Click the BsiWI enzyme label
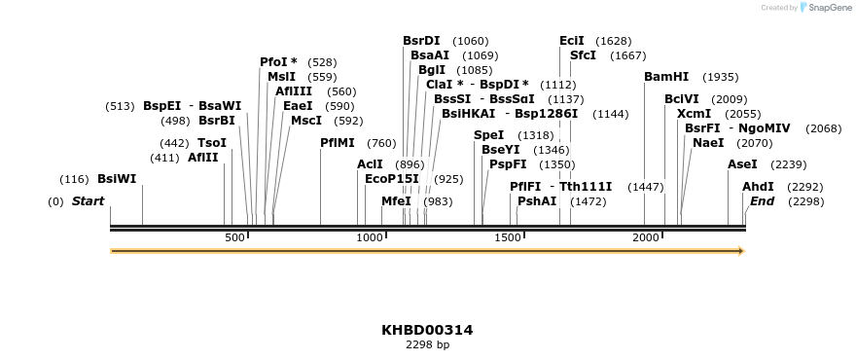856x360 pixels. point(117,179)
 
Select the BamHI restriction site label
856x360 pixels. point(666,77)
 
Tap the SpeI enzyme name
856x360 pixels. point(489,135)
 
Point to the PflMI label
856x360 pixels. point(338,143)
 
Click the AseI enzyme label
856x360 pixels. point(742,164)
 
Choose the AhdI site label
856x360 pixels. point(758,187)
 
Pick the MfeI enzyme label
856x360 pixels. point(396,201)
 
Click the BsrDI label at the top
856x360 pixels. point(421,41)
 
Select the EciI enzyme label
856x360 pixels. point(572,41)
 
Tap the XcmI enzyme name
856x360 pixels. point(694,114)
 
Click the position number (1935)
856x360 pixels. point(721,77)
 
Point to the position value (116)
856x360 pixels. point(74,179)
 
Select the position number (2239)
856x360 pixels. point(789,164)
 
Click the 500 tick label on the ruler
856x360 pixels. point(234,238)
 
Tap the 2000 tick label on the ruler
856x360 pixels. point(646,238)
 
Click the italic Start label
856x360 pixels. point(88,201)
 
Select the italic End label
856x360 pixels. point(762,201)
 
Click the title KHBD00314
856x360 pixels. point(427,330)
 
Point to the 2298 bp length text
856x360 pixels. point(427,344)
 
